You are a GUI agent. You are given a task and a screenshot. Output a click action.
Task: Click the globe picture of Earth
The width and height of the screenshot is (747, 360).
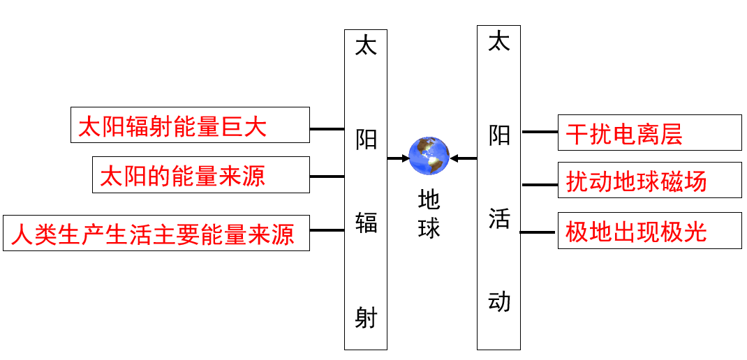coord(429,156)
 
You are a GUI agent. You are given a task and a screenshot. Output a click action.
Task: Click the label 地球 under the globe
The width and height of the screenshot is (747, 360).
coord(429,213)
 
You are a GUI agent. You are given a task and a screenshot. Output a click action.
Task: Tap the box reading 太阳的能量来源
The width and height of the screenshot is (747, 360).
coord(201,175)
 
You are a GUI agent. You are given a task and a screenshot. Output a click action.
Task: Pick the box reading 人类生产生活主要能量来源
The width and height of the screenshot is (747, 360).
coord(156,233)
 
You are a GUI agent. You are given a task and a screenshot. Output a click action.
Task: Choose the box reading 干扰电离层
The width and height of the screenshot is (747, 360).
coord(649,133)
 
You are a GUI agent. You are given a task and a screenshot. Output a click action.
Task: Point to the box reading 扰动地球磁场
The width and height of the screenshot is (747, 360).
coord(649,181)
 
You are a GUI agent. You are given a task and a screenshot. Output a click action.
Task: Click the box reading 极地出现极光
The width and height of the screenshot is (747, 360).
coord(649,231)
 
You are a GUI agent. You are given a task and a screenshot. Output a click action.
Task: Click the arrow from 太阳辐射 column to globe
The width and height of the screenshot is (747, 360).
coord(398,158)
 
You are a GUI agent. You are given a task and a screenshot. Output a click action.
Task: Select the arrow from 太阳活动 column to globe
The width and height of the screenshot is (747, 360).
coord(463,158)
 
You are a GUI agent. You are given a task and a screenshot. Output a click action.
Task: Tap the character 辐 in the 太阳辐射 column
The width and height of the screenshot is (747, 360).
coord(366,223)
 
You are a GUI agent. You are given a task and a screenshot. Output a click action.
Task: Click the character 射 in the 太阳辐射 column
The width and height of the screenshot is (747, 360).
coord(366,317)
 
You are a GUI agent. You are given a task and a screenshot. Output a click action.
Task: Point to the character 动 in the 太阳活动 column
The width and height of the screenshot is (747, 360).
coord(499,301)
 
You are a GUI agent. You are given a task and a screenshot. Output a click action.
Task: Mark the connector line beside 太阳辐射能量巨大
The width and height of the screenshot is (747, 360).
coord(327,129)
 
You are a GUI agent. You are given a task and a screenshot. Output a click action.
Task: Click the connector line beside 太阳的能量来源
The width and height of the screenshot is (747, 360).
coord(327,177)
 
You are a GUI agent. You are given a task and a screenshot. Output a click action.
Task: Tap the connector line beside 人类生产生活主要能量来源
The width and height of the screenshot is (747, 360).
coord(327,230)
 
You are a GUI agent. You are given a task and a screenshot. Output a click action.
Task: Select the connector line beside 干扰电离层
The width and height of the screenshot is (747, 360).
coord(540,131)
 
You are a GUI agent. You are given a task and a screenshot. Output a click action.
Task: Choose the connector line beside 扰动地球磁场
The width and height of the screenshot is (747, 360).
coord(540,185)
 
